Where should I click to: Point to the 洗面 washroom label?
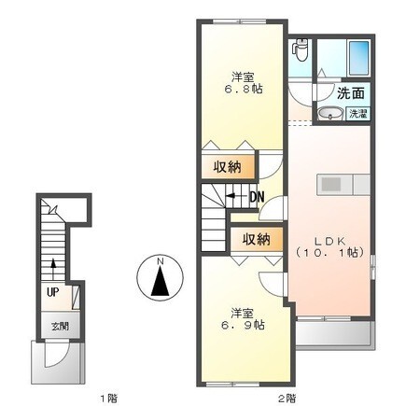coord(350,94)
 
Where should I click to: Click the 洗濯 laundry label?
coord(357,114)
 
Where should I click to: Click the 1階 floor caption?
coord(107,397)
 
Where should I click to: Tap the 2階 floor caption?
coord(287,397)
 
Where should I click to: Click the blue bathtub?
coord(356,61)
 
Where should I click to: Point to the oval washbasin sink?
coord(329,114)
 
